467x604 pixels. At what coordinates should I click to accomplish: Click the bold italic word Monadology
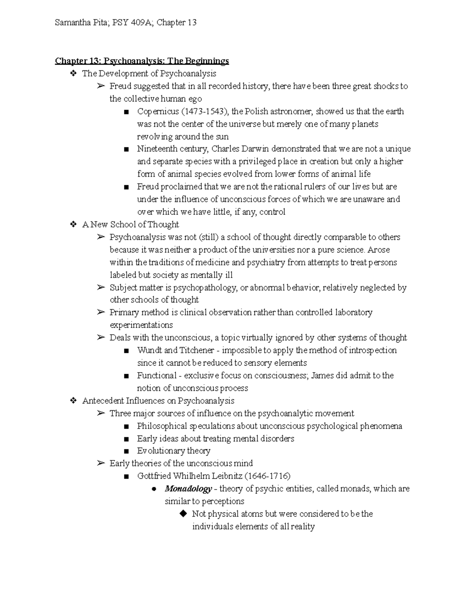[x=188, y=489]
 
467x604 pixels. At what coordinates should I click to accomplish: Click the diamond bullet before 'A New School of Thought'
[x=73, y=224]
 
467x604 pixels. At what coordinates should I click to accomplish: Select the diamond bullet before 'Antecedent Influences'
[x=73, y=401]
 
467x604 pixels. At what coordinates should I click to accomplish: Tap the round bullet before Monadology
[x=154, y=489]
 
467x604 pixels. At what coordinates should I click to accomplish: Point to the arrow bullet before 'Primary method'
[x=101, y=312]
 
